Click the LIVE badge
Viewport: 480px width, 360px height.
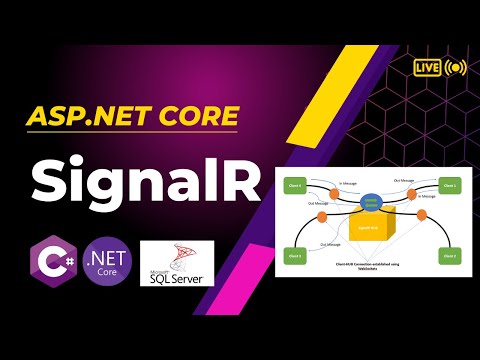click(x=425, y=68)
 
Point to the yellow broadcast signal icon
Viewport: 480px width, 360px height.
click(x=456, y=68)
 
